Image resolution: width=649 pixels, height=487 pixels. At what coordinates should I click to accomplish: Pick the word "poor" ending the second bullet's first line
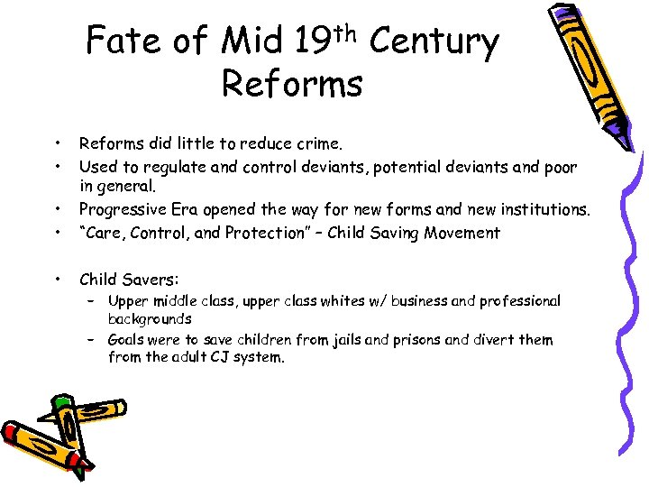pyautogui.click(x=559, y=167)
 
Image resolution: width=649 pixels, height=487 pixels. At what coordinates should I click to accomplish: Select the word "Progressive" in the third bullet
pyautogui.click(x=122, y=209)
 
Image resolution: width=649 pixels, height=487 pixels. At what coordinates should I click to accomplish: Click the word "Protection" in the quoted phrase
pyautogui.click(x=272, y=233)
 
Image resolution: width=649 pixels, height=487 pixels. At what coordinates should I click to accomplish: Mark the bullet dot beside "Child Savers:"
pyautogui.click(x=58, y=279)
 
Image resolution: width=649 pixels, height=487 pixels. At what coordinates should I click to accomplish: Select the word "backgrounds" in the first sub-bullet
pyautogui.click(x=150, y=318)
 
